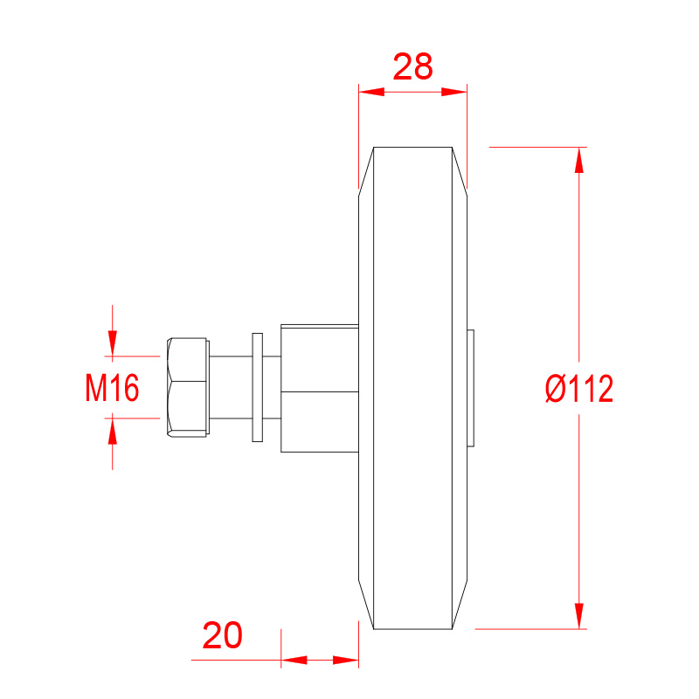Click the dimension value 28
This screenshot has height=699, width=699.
412,67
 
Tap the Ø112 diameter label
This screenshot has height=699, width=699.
579,388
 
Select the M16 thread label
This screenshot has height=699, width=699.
112,388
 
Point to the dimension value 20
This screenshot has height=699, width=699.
223,635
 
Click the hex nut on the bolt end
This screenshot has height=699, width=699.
188,387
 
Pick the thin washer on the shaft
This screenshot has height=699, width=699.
257,387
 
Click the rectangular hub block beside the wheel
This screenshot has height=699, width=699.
320,388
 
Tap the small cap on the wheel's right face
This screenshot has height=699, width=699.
470,388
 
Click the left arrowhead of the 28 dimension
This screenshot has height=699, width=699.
371,92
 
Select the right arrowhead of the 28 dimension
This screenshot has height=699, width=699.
454,92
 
